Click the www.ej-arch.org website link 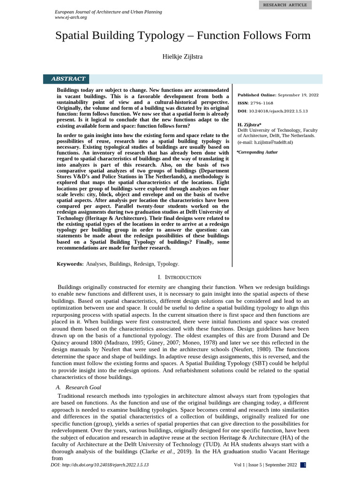(71, 17)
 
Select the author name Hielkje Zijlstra (183, 57)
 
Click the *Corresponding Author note (257, 152)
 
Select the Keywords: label (70, 264)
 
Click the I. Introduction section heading (180, 277)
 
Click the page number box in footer (305, 465)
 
